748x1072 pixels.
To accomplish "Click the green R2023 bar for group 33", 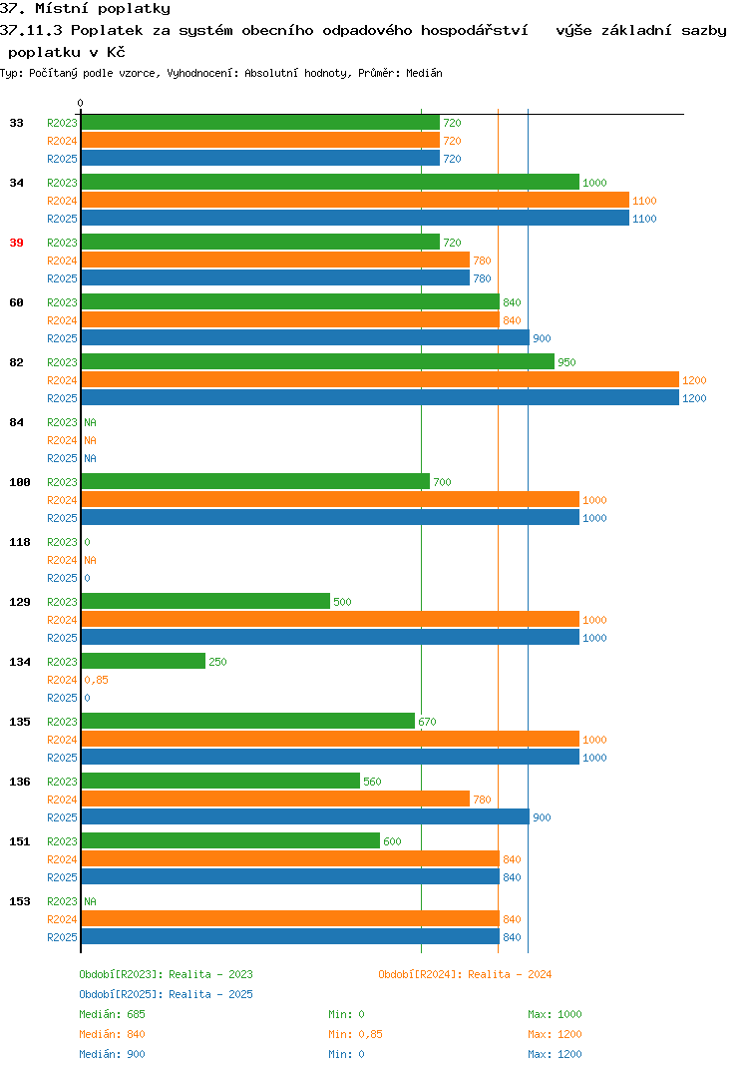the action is (260, 123).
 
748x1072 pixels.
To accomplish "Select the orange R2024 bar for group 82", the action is (380, 379).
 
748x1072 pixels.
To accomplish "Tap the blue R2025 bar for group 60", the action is (305, 337).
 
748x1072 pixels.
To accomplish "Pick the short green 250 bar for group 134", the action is (144, 661).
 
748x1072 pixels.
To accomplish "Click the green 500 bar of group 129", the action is (205, 601).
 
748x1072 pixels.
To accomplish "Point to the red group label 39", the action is (16, 243).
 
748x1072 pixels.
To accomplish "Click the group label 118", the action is (20, 542).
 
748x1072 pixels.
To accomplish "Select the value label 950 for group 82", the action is (566, 362).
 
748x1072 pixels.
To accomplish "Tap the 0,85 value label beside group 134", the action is (97, 680).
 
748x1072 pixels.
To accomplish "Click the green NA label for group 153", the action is (90, 901).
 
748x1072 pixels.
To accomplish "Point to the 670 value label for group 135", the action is (427, 722).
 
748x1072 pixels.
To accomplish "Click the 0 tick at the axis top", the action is (80, 103).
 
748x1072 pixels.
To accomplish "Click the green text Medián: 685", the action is (112, 1014).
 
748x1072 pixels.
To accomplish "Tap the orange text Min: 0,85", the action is (355, 1034).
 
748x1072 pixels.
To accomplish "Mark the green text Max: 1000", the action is (555, 1014).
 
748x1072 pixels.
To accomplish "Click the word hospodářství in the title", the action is (474, 31).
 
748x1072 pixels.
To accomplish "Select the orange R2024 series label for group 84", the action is (62, 440).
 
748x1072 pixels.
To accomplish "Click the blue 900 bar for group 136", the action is (305, 816).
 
